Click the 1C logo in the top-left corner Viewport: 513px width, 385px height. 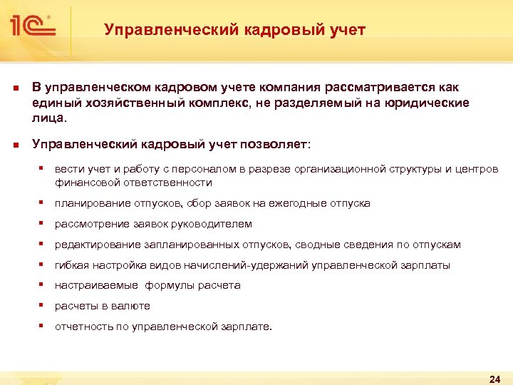click(x=30, y=27)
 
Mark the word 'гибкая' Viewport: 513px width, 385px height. click(x=71, y=265)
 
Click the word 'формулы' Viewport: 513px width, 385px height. click(x=172, y=285)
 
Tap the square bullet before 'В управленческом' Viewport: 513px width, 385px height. click(x=15, y=88)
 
